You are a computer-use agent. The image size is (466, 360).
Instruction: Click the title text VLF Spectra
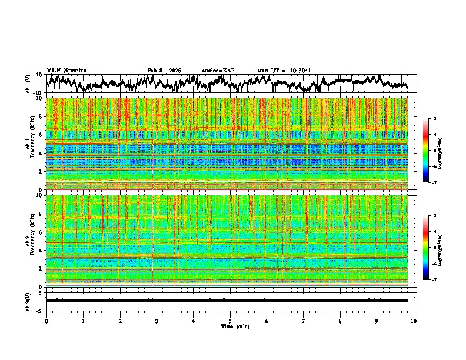66,70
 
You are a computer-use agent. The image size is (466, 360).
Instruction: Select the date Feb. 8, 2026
164,71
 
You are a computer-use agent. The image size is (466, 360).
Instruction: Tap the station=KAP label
218,71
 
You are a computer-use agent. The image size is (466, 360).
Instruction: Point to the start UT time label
284,71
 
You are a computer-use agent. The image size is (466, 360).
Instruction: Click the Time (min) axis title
230,326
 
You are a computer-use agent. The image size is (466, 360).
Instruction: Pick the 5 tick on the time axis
230,321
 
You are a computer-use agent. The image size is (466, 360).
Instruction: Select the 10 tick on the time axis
414,321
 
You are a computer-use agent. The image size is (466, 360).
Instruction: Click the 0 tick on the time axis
46,321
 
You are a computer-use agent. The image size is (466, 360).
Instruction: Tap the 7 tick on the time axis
304,321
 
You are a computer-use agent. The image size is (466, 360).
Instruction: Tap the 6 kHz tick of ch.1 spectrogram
41,135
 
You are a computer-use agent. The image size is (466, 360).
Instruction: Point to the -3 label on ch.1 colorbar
434,119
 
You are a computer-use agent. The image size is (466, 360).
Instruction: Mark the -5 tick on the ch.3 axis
39,309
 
